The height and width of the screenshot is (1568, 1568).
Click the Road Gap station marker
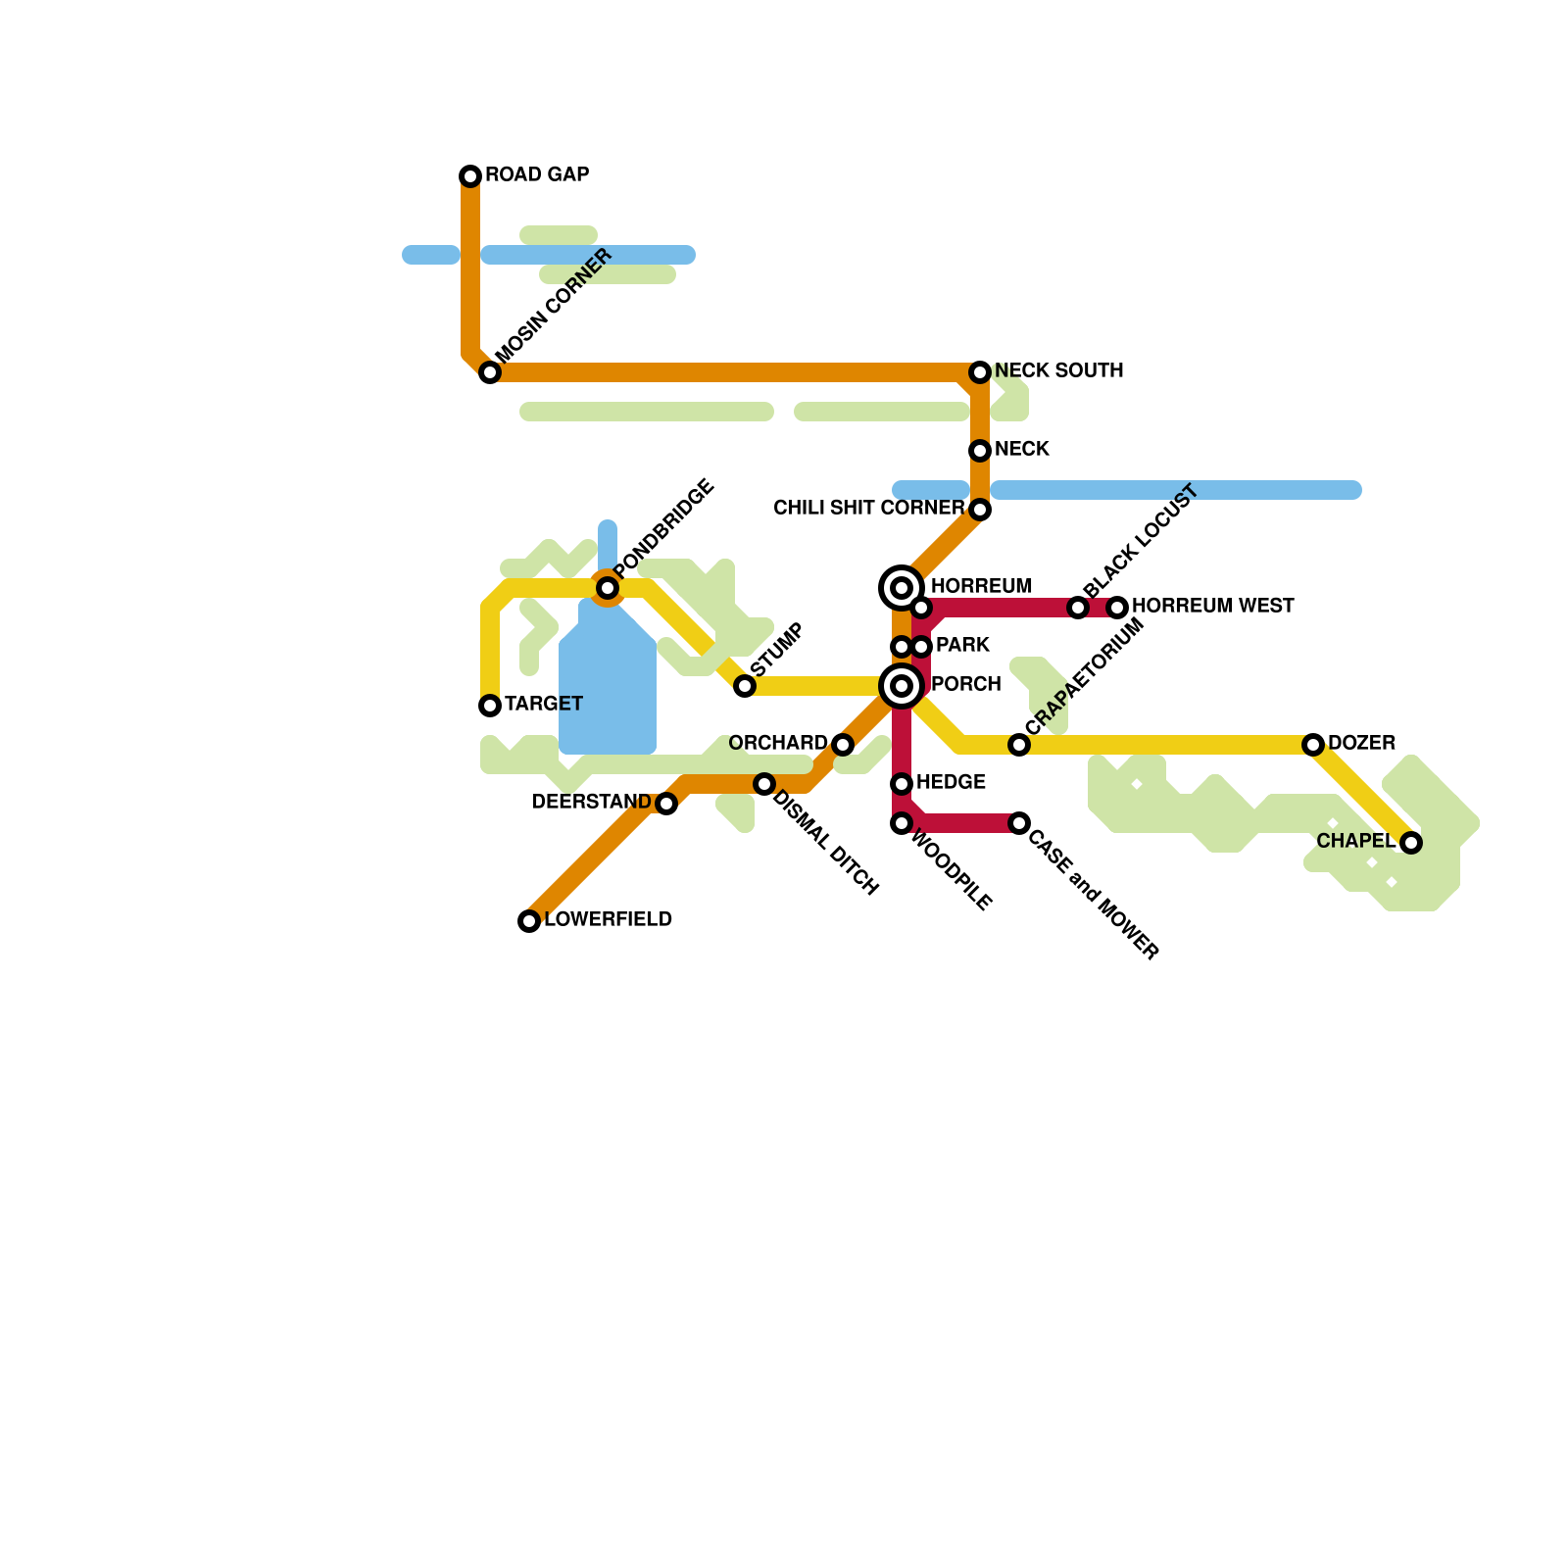point(470,176)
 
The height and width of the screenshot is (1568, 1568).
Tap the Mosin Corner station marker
point(490,372)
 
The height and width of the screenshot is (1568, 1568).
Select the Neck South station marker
point(980,372)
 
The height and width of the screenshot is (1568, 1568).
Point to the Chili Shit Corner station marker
point(980,510)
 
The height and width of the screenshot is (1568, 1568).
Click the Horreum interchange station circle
point(902,588)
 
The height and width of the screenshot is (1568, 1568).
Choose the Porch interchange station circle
point(902,686)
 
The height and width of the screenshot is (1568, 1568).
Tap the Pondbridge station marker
point(608,588)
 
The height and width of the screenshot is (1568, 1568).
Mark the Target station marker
point(490,706)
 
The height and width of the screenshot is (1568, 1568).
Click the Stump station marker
point(745,686)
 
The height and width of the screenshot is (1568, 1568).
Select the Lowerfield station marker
point(529,921)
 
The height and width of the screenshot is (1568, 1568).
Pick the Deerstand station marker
point(666,804)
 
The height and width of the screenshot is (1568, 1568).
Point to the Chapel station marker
point(1411,843)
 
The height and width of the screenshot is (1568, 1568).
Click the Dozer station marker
point(1313,745)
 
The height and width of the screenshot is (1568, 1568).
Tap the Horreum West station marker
point(1117,608)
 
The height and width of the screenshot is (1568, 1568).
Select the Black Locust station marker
point(1078,608)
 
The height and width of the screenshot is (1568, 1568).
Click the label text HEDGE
point(951,782)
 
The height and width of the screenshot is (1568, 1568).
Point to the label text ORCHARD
point(778,743)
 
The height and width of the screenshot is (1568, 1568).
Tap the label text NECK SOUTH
point(1058,370)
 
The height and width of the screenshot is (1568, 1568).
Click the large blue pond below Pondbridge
point(608,696)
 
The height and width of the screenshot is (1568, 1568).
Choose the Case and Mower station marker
point(1019,823)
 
